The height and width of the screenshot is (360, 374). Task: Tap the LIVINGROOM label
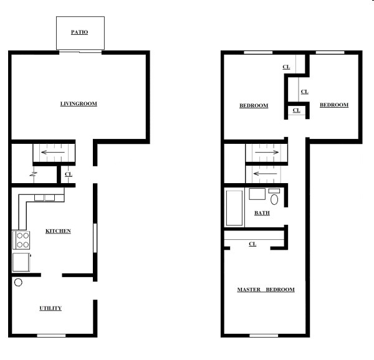click(79, 103)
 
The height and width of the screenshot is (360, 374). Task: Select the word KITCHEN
click(58, 231)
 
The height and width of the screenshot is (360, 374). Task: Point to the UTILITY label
click(50, 308)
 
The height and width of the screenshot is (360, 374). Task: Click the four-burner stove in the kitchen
click(21, 240)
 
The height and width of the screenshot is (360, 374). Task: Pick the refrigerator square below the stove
click(21, 262)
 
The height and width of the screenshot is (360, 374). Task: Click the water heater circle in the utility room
click(18, 282)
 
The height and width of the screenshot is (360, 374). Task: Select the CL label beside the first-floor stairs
click(68, 174)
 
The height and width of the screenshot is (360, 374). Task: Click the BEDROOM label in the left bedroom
click(254, 105)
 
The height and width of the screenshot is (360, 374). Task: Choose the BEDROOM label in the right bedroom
click(333, 105)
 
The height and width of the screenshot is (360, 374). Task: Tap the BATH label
click(262, 213)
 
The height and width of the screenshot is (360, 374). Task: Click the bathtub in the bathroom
click(234, 209)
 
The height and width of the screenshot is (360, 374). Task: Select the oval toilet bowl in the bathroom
click(275, 199)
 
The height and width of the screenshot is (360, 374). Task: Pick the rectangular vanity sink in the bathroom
click(257, 193)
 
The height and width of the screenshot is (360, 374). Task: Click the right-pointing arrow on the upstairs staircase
click(266, 151)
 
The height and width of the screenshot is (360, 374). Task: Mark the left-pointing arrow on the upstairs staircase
click(266, 173)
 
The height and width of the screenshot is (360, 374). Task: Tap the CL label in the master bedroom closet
click(252, 244)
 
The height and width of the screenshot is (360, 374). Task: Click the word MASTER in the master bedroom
click(249, 290)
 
